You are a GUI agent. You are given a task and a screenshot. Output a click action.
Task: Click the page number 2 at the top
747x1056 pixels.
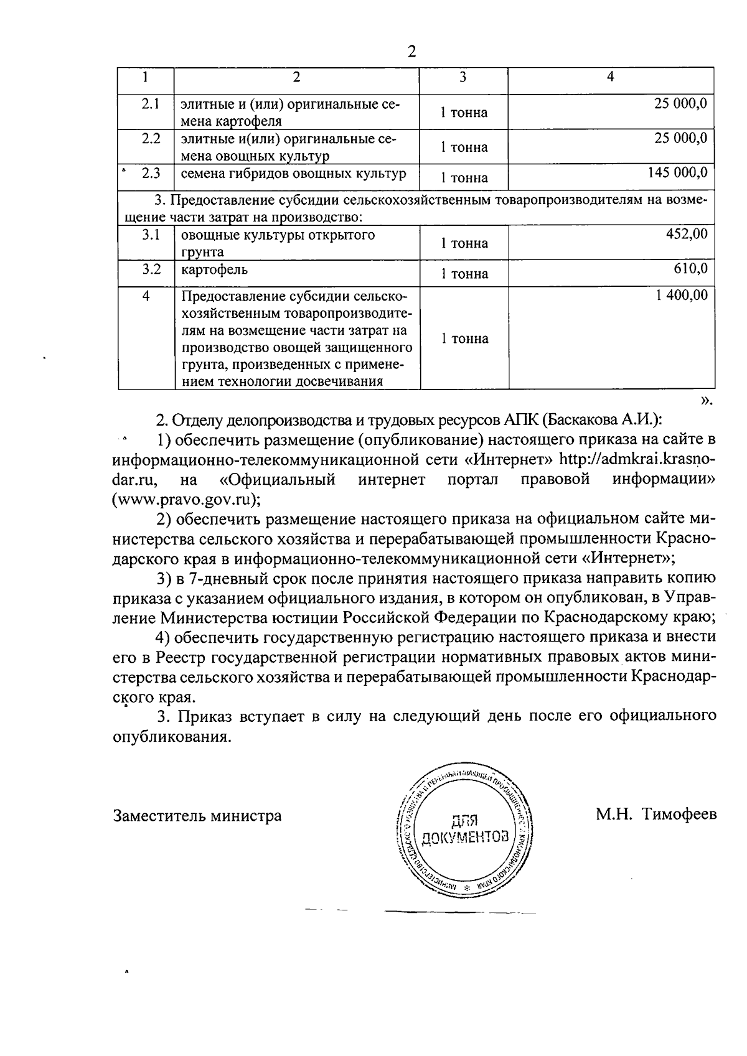point(411,52)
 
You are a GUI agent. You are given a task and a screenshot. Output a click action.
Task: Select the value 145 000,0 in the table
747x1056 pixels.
point(677,172)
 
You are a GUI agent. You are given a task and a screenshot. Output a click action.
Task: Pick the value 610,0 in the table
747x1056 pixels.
point(690,268)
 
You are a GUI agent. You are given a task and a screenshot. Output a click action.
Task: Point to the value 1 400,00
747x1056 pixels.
point(682,295)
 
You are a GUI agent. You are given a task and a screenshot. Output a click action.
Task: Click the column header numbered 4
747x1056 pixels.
point(611,77)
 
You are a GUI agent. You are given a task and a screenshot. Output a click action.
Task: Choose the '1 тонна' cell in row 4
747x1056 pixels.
point(464,339)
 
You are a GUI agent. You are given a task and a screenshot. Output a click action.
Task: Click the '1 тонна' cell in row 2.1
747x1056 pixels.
point(464,113)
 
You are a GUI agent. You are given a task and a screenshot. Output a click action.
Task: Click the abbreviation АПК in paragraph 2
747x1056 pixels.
point(519,419)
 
